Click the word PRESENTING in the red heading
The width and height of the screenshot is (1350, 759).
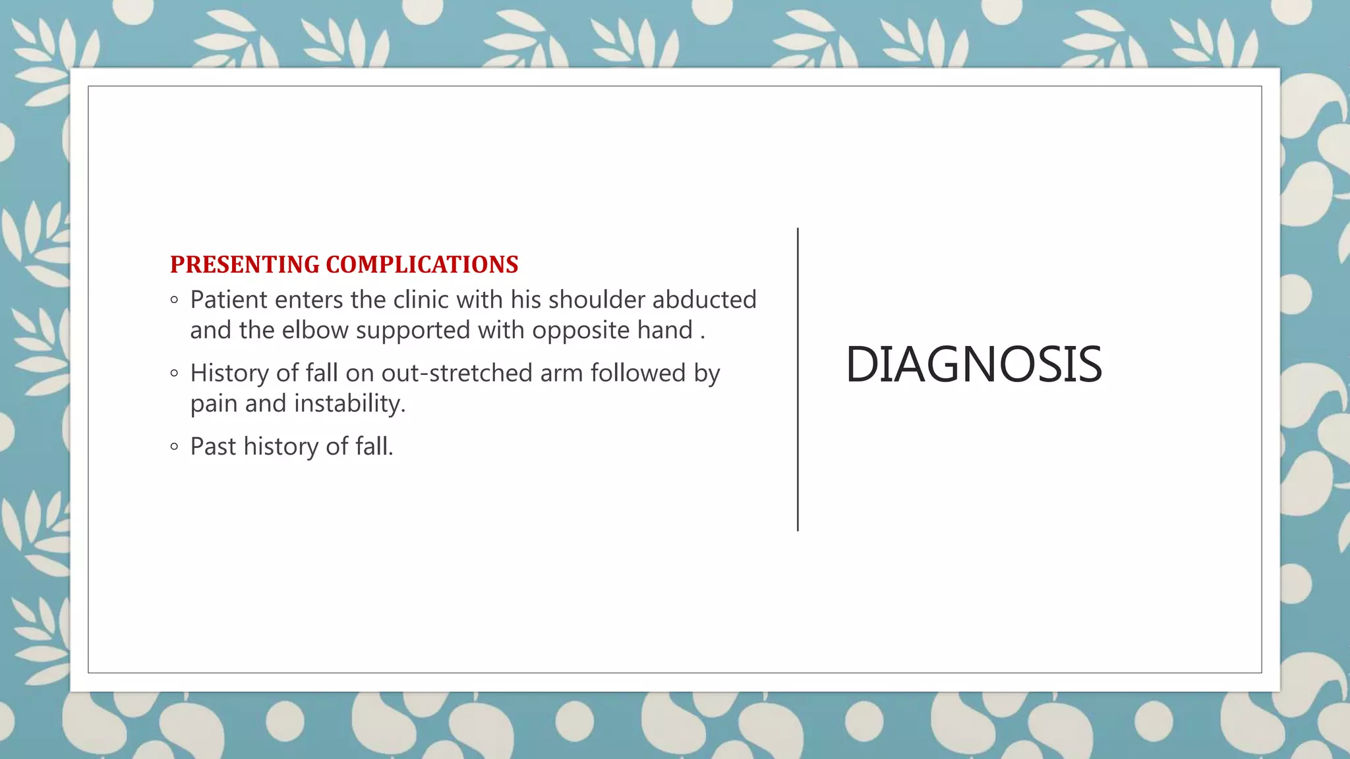coord(245,265)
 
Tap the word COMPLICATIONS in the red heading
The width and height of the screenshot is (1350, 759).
coord(422,265)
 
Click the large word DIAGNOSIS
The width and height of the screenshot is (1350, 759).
coord(974,364)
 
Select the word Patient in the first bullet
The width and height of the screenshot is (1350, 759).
coord(229,300)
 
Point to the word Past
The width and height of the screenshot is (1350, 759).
coord(213,447)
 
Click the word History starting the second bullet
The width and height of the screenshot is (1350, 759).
coord(229,374)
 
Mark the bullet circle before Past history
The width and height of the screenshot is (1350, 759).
coord(174,447)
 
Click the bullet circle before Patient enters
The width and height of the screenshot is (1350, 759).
coord(174,300)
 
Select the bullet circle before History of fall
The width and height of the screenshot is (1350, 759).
coord(174,374)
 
